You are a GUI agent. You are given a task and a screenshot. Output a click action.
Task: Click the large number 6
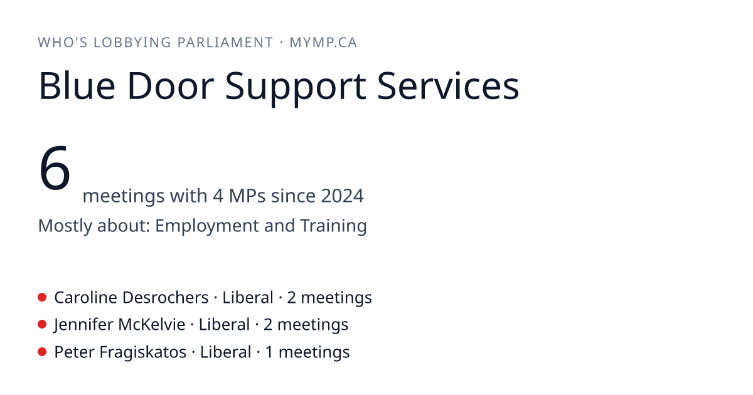[x=55, y=168]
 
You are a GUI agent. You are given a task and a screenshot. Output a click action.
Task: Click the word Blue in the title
[x=77, y=86]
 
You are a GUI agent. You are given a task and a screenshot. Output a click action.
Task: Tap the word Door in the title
[x=171, y=86]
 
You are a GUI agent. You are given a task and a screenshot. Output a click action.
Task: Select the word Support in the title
[x=296, y=88]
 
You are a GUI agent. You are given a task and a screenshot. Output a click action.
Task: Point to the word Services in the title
[x=448, y=86]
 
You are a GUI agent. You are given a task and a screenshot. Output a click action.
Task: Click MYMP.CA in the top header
[x=323, y=43]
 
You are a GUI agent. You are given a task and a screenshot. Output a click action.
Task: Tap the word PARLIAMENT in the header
[x=225, y=43]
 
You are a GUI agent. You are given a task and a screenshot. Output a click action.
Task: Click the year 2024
[x=342, y=196]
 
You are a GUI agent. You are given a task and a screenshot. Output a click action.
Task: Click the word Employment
[x=206, y=226]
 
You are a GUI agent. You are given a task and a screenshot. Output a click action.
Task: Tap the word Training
[x=333, y=226]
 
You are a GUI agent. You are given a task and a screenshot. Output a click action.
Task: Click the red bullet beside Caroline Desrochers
[x=42, y=297]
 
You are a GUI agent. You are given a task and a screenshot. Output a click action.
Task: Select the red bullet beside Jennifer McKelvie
[x=42, y=324]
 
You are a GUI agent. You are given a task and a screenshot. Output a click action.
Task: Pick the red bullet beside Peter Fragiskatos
[x=42, y=352]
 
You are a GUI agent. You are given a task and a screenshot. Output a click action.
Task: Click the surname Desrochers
[x=166, y=298]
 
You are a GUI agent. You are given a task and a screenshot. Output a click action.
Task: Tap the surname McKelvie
[x=152, y=325]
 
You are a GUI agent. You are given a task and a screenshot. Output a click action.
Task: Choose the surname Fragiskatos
[x=143, y=352]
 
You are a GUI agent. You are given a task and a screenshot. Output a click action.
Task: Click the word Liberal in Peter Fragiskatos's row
[x=225, y=352]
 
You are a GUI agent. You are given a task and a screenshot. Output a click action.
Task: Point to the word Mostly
[x=65, y=226]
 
